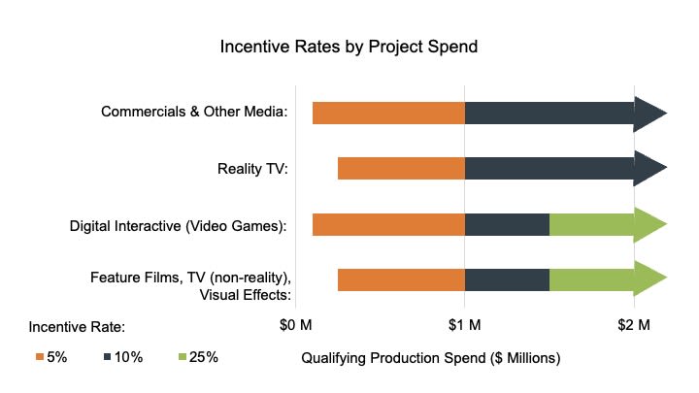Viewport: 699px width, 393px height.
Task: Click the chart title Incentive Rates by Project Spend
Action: (349, 47)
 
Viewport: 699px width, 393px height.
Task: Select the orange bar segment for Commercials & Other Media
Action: (388, 114)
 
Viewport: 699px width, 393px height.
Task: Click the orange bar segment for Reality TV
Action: (401, 169)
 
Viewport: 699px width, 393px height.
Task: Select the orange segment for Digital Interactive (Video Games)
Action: (388, 225)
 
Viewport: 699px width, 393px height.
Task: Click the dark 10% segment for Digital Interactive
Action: (507, 225)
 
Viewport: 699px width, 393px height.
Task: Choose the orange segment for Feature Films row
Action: (401, 280)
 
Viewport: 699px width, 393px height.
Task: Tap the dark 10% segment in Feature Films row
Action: (507, 280)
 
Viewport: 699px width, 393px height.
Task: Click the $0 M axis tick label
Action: (296, 323)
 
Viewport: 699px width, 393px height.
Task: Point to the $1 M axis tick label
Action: (464, 323)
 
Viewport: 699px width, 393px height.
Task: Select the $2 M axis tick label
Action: (633, 323)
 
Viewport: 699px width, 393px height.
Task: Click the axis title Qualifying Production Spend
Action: (431, 358)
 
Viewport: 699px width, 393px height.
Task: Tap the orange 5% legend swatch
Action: (40, 357)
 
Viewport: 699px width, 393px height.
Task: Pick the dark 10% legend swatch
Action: (109, 357)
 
